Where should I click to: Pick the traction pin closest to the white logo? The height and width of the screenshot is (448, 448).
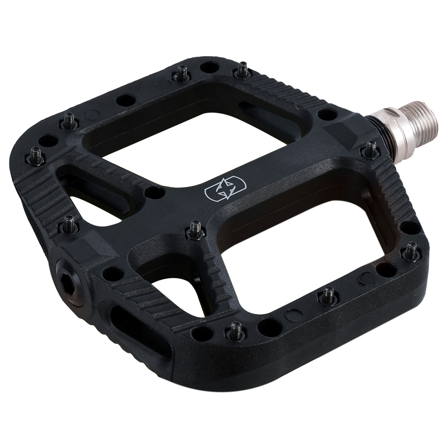195,229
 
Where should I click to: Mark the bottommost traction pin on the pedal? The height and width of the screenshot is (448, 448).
236,330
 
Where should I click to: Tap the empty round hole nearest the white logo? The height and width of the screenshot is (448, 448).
155,193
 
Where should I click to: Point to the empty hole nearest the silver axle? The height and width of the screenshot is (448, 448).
327,115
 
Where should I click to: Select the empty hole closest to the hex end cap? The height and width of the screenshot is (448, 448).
111,273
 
